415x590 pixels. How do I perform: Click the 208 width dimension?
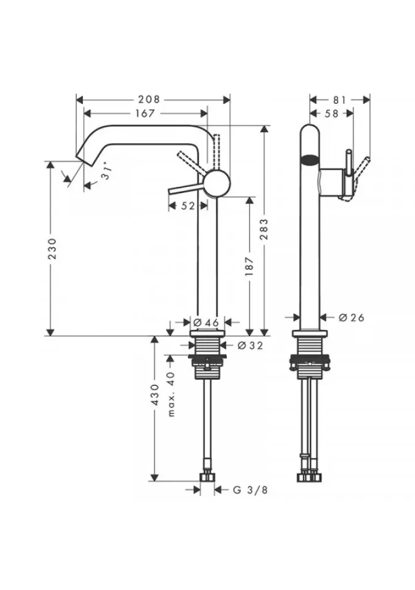tap(149, 100)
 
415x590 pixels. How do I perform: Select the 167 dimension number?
tap(145, 113)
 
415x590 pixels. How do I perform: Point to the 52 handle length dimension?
tap(188, 206)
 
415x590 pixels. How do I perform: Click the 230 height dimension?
tap(52, 248)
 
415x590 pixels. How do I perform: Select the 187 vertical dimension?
tap(249, 266)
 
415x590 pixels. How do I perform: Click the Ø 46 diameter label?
tap(206, 323)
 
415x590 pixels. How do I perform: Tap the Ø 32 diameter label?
tap(250, 345)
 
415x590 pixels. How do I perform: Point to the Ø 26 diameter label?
tap(351, 318)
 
